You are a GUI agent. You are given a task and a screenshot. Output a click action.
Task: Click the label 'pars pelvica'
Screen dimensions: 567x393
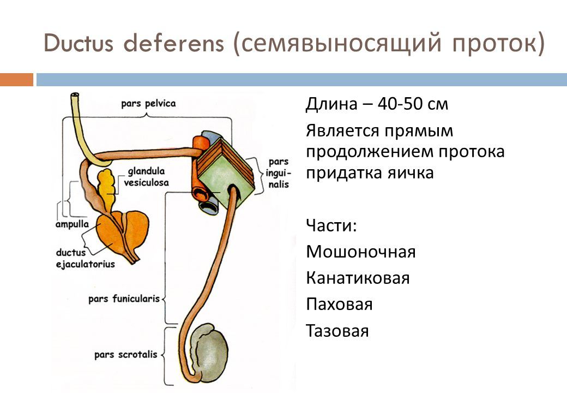pos(148,104)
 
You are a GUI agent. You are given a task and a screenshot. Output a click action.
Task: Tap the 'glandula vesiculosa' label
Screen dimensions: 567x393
pos(147,177)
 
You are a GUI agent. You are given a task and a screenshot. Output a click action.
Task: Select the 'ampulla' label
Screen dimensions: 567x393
pos(72,224)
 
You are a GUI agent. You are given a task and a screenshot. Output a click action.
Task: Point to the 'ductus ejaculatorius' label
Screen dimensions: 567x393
pos(85,258)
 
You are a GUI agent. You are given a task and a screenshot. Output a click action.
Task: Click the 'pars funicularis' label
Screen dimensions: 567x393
pos(124,299)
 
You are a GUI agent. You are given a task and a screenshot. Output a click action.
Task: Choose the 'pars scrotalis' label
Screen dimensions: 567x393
pos(125,355)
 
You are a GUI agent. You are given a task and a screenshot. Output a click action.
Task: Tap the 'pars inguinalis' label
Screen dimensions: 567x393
pos(278,173)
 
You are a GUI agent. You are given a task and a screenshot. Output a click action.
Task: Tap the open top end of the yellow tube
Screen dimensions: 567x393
pos(75,96)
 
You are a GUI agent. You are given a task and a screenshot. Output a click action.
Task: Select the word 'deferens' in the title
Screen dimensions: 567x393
pos(174,43)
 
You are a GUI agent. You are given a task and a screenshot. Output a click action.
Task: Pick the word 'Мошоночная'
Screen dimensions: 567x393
pos(361,252)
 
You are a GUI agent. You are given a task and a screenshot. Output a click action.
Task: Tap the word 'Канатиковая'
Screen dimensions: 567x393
pos(358,278)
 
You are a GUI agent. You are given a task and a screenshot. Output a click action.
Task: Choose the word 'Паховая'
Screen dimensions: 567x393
pos(339,305)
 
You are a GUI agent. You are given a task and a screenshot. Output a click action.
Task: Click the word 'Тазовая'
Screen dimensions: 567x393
pos(337,331)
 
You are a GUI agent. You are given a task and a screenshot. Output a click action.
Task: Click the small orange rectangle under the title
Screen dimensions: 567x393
pos(17,80)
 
